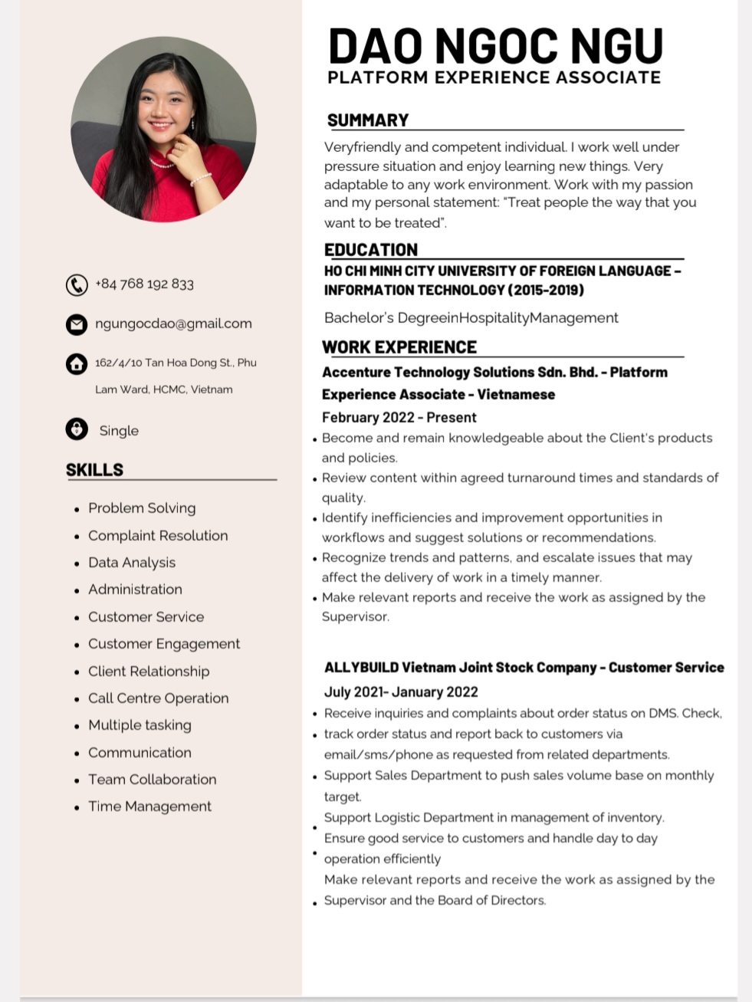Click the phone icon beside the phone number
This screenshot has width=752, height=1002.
77,285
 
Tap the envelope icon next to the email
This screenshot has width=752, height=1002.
77,324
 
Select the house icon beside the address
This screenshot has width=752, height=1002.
77,363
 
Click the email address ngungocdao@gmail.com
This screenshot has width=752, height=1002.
173,324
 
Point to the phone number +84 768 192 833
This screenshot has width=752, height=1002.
144,284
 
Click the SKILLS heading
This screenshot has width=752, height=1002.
94,470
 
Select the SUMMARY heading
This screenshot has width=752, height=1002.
368,120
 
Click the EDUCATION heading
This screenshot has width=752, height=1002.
371,250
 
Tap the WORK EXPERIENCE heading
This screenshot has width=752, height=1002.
399,347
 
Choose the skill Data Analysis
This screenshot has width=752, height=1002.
132,563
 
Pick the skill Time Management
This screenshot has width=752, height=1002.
149,807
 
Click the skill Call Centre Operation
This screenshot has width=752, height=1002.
158,698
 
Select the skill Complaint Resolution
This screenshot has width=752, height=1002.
158,536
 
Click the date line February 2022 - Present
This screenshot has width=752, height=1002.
399,418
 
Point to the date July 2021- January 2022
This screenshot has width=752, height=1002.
401,692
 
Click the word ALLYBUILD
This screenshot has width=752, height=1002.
360,668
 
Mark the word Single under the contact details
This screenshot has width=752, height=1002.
119,431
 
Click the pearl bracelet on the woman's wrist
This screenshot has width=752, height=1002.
200,179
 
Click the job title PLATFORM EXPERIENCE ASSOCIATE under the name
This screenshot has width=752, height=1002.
494,77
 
